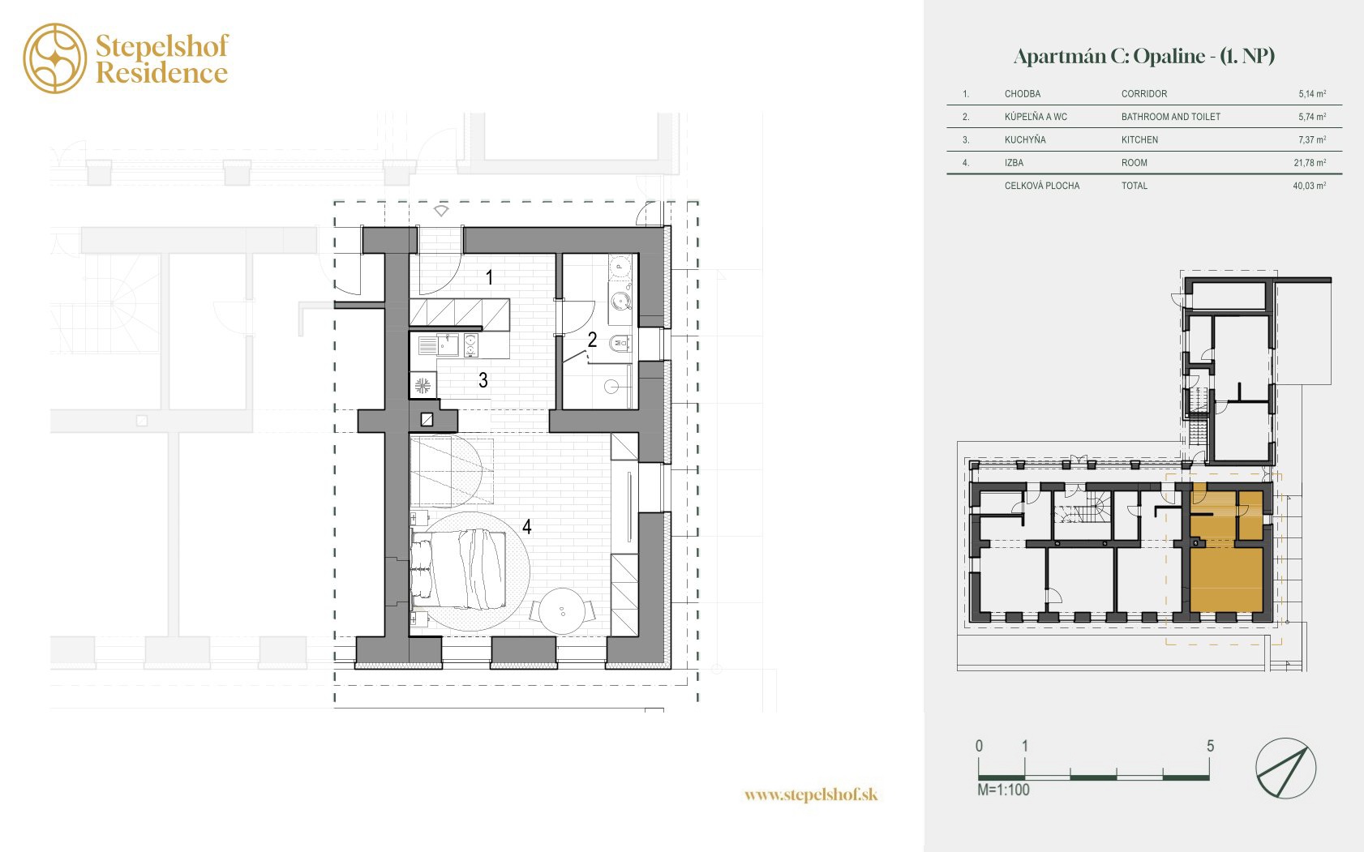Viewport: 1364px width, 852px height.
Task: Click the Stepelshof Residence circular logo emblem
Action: click(55, 58)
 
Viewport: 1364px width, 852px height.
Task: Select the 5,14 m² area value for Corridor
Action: click(1312, 94)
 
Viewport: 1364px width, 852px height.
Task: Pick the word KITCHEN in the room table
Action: click(1140, 140)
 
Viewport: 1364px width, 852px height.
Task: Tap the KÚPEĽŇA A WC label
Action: click(1036, 117)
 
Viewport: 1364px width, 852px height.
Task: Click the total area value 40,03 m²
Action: click(1310, 186)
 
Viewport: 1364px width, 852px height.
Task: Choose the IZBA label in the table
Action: click(1014, 163)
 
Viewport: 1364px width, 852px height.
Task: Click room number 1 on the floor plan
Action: click(489, 277)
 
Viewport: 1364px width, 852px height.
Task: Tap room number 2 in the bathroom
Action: click(592, 340)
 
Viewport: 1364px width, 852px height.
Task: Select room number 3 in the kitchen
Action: click(483, 380)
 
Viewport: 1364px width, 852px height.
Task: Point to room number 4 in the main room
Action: click(527, 526)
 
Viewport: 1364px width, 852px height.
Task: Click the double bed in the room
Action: click(458, 570)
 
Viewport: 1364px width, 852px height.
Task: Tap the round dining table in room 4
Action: click(561, 611)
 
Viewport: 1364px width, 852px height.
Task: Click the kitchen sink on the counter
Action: click(448, 345)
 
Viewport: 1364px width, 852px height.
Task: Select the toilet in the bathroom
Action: click(620, 344)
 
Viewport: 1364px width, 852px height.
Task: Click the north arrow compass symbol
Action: click(1285, 769)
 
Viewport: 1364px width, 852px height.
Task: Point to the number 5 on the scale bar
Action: click(1211, 746)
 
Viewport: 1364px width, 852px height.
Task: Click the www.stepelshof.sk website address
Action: click(811, 794)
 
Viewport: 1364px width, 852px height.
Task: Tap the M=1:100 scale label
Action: click(1003, 790)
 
